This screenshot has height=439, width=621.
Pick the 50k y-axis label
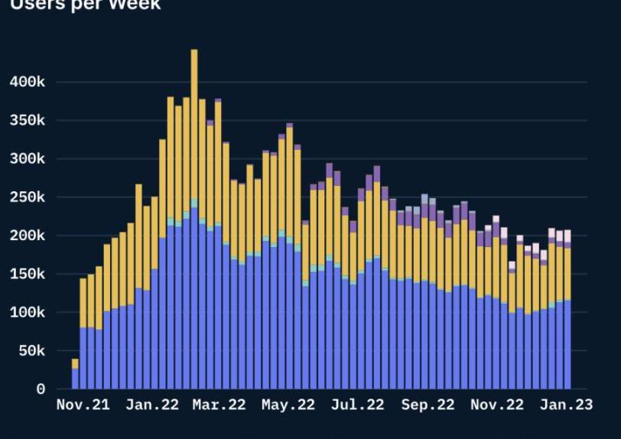(x=33, y=351)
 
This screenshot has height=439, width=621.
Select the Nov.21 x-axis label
(x=83, y=405)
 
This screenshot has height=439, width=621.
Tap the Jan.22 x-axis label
(x=151, y=405)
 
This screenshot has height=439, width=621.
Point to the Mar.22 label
(x=219, y=405)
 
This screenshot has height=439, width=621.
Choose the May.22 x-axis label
(x=288, y=405)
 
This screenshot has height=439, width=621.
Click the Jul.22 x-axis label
(x=357, y=405)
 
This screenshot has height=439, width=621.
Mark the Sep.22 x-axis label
(x=428, y=405)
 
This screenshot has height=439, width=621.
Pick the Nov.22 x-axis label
(x=497, y=405)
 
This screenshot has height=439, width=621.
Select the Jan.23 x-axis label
(x=566, y=405)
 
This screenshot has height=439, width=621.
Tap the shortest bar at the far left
(x=75, y=375)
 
